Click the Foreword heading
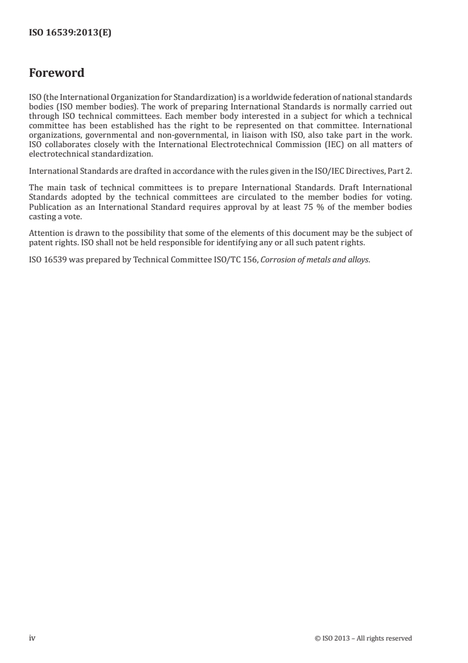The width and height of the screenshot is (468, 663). coord(57,73)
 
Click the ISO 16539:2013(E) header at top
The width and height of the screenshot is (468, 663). coord(70,34)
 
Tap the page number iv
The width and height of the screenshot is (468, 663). coord(33,638)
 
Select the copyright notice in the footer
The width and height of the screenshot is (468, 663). coord(364,638)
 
